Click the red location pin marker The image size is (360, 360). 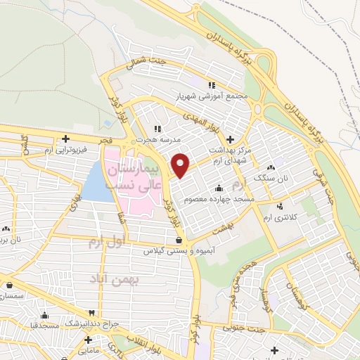181,165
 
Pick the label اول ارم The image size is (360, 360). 105,243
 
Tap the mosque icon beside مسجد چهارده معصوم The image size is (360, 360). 219,188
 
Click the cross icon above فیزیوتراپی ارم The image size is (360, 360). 65,139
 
